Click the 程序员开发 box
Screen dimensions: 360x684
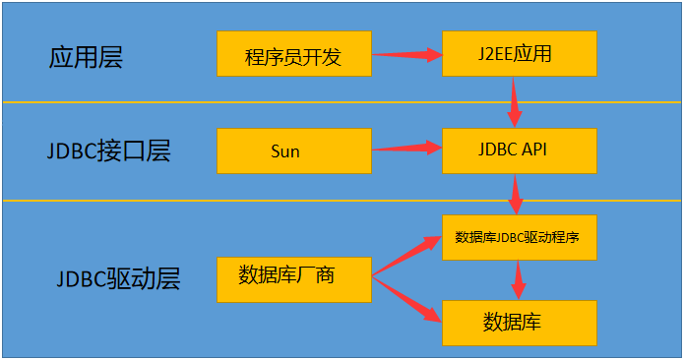pyautogui.click(x=293, y=54)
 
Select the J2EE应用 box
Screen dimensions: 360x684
pyautogui.click(x=520, y=53)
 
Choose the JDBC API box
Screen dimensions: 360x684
pyautogui.click(x=520, y=150)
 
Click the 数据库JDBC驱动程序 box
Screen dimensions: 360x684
pyautogui.click(x=520, y=237)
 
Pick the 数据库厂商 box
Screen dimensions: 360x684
pyautogui.click(x=293, y=279)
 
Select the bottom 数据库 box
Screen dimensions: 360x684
pyautogui.click(x=520, y=322)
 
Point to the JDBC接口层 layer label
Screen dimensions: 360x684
pyautogui.click(x=108, y=151)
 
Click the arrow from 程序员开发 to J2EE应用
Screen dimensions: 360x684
pyautogui.click(x=405, y=54)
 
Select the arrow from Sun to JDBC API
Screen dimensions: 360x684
pyautogui.click(x=405, y=149)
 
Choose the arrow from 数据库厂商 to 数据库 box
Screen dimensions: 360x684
pyautogui.click(x=405, y=301)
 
